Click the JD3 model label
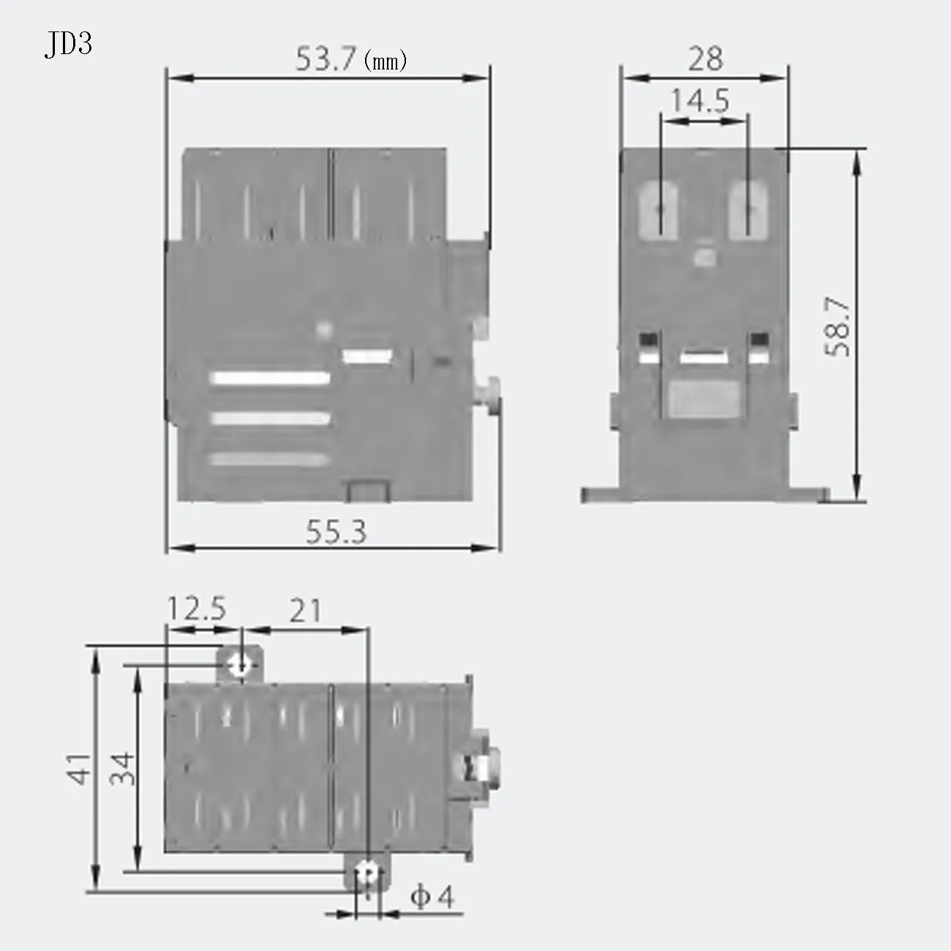[68, 45]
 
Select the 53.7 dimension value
[325, 59]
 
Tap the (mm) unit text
[385, 61]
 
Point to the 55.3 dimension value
[336, 533]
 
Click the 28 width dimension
[705, 59]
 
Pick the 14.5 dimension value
[700, 101]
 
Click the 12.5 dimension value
[197, 609]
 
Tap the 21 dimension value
[304, 610]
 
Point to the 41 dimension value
[81, 767]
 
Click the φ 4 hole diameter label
[432, 897]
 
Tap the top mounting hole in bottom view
[240, 664]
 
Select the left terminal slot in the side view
[658, 211]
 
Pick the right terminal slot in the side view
[748, 211]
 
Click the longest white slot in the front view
[271, 378]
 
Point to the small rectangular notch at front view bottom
[367, 490]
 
